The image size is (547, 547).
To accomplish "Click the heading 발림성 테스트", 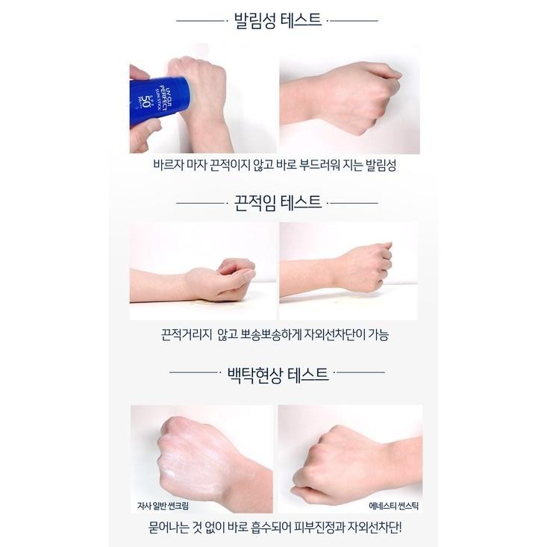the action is coord(278,21).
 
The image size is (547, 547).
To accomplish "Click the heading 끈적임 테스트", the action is coord(278,203).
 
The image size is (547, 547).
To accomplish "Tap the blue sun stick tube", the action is coord(159,101).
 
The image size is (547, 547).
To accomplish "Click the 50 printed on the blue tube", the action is coord(145,101).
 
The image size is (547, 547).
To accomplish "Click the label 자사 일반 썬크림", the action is coord(163,505).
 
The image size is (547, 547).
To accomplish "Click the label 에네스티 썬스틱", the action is coord(393,505).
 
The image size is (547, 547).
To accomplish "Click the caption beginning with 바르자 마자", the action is coord(275,165).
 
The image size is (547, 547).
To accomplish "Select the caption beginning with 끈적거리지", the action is coord(275,335).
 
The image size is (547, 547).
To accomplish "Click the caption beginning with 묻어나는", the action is coord(275,527).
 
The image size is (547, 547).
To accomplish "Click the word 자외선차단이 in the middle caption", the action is coord(334,335).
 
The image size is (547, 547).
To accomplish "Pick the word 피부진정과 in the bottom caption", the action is coord(319,527).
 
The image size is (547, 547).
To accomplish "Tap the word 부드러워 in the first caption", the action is coord(319,165).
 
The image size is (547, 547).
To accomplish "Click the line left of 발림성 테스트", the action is coord(200,21).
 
